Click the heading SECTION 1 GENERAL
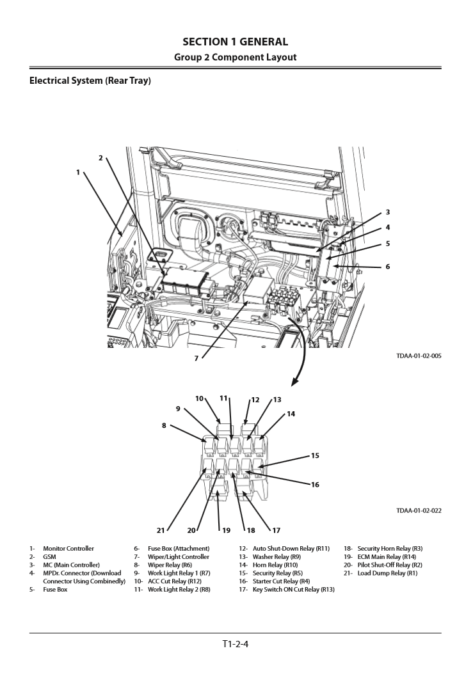point(235,42)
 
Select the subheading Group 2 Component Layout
point(235,58)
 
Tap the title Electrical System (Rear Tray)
point(90,81)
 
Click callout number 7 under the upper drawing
point(196,358)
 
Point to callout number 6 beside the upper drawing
point(387,267)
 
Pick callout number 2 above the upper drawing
point(100,157)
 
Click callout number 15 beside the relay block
point(315,456)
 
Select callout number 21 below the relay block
point(161,530)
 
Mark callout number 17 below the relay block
point(277,530)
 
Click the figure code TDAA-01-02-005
point(419,356)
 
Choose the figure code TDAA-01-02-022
point(419,510)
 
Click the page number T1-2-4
point(235,644)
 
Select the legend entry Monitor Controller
point(68,549)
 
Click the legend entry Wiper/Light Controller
point(179,557)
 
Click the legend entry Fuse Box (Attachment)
point(179,549)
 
